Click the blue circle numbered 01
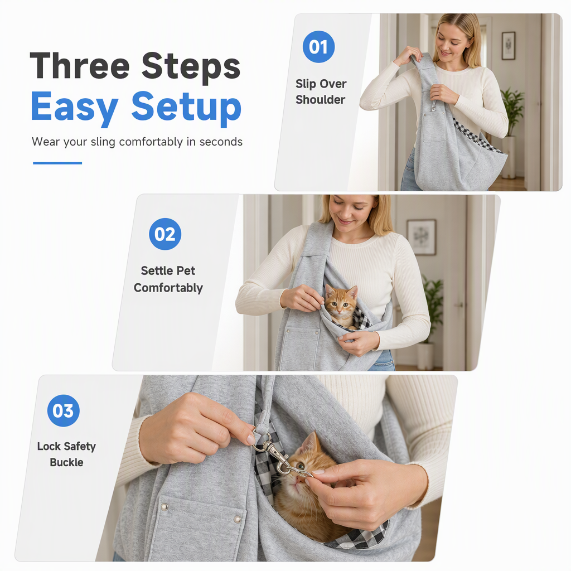(318, 47)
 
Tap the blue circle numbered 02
(165, 234)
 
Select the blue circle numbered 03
(64, 411)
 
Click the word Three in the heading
(79, 66)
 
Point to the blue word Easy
(75, 107)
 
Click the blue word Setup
(186, 107)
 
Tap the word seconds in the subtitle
(221, 142)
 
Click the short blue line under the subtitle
(57, 163)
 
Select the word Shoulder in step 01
(321, 99)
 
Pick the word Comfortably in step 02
(168, 288)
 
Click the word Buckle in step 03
(67, 462)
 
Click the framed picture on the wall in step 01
(509, 46)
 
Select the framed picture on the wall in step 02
(422, 236)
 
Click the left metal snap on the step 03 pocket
(164, 506)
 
